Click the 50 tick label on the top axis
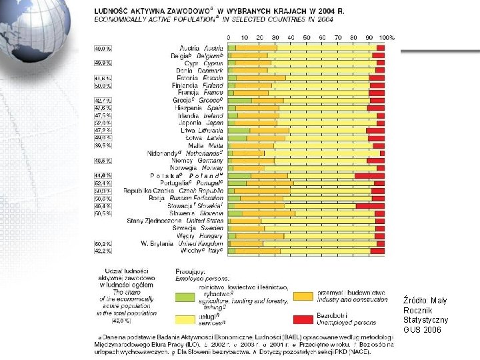tap(307, 37)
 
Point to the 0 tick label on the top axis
tap(229, 37)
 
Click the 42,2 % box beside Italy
tap(103, 251)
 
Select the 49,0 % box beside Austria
tap(103, 49)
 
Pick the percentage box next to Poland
tap(103, 175)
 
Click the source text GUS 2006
tap(422, 329)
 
